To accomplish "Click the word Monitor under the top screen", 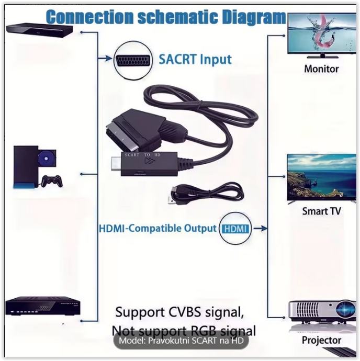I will [x=321, y=69].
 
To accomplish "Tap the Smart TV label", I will [x=322, y=211].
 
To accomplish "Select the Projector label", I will [x=321, y=341].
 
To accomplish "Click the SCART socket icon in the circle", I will [x=130, y=58].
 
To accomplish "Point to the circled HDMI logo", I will [x=235, y=229].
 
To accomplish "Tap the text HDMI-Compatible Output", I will [x=157, y=229].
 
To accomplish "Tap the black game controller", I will [x=52, y=181].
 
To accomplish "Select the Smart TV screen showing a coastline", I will [x=322, y=176].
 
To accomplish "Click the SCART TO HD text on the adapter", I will [x=137, y=155].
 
